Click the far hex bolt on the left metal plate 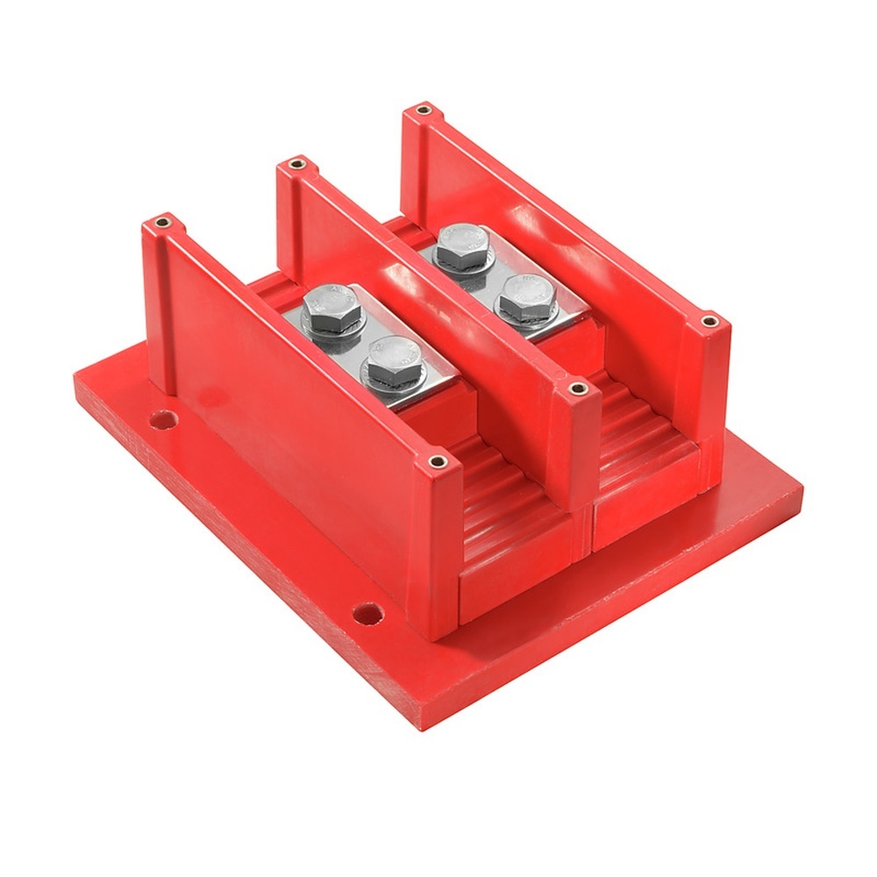(x=332, y=304)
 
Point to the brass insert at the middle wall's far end (x=296, y=164)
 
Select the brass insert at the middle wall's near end (x=575, y=386)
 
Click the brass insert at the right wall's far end (x=424, y=111)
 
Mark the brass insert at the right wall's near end (x=709, y=322)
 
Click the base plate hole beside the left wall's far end (x=162, y=419)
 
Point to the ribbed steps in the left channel (x=504, y=509)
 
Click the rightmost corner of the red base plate (x=802, y=488)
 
